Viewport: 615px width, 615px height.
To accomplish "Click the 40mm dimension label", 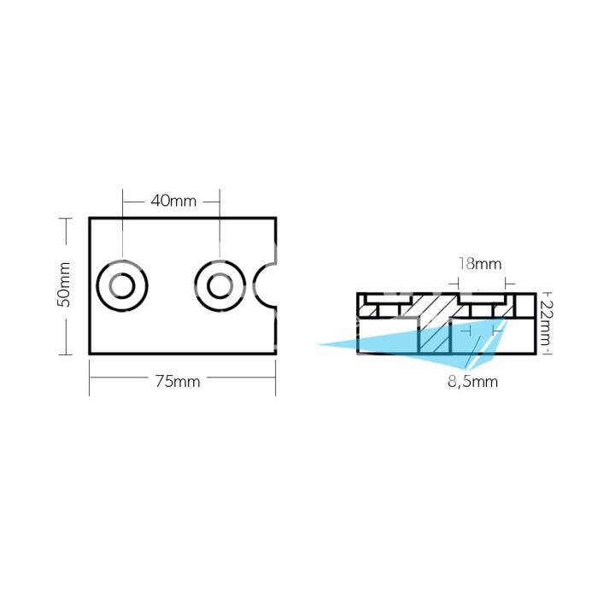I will point(173,202).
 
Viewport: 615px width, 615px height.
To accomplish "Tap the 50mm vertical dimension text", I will point(64,285).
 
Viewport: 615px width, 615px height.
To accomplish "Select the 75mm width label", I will point(178,382).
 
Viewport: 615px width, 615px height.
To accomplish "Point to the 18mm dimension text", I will point(480,264).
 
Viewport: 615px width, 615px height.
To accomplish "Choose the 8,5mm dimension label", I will point(472,382).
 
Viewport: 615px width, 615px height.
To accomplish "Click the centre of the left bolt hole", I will point(123,285).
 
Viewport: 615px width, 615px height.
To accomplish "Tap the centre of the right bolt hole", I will point(220,285).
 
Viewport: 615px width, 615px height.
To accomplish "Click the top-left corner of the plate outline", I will point(90,218).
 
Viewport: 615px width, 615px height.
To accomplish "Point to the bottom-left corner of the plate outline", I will point(90,353).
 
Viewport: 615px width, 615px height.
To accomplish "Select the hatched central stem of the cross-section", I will point(434,329).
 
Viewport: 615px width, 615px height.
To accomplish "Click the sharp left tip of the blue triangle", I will point(318,345).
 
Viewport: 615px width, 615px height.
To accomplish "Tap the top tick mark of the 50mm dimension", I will point(64,219).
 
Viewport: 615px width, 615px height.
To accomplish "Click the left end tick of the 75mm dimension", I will point(90,381).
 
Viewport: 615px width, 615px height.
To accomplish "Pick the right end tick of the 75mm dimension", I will point(275,381).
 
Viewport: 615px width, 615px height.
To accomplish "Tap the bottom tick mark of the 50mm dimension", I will point(64,353).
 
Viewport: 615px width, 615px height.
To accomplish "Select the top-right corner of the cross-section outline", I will point(536,294).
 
